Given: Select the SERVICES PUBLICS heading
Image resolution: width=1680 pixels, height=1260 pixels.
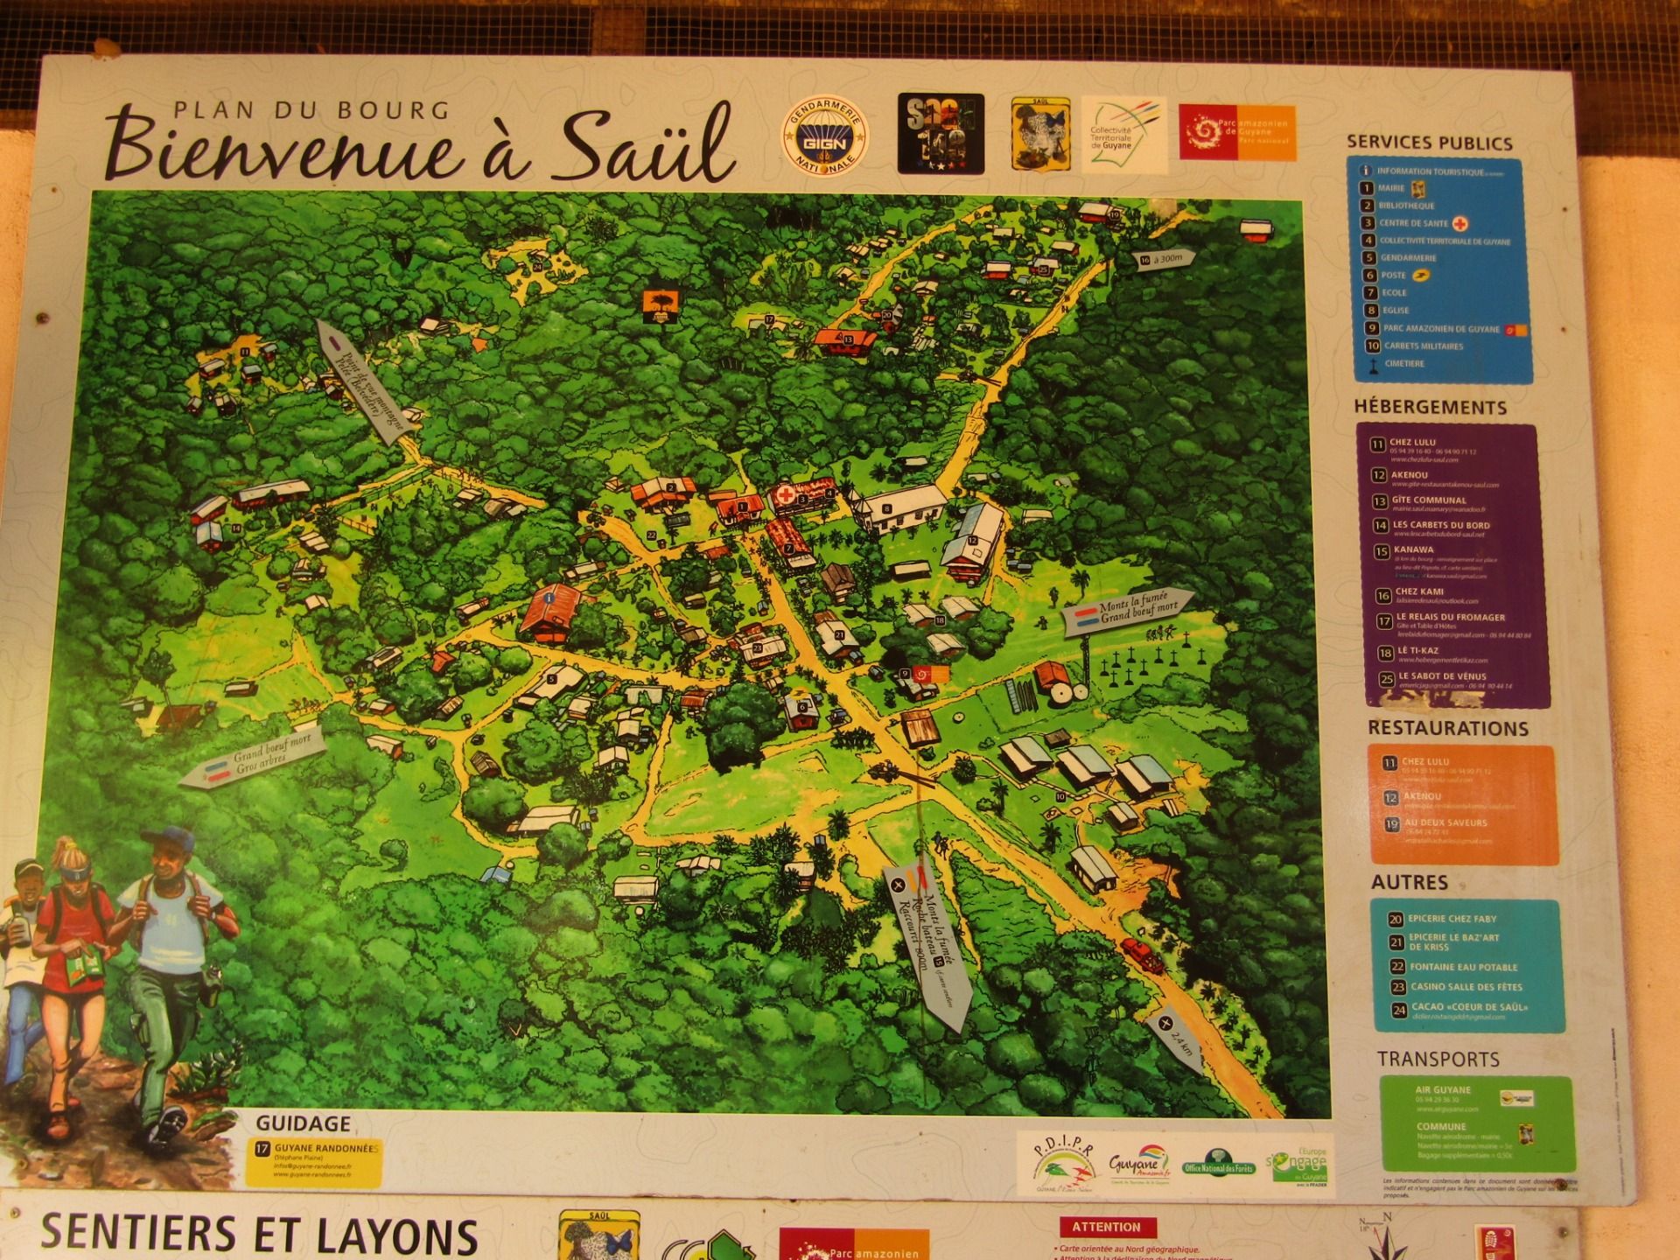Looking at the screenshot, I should pyautogui.click(x=1429, y=143).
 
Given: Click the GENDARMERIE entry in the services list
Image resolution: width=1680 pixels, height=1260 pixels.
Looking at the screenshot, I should pyautogui.click(x=1408, y=258).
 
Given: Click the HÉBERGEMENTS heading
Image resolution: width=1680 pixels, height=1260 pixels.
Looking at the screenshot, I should pyautogui.click(x=1430, y=407).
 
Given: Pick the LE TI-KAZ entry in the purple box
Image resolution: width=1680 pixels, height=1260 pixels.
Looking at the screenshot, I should pyautogui.click(x=1417, y=651).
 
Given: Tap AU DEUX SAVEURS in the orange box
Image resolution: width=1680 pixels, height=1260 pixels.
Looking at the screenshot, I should pyautogui.click(x=1445, y=822).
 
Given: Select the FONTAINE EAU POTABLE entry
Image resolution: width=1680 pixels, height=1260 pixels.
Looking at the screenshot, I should pyautogui.click(x=1463, y=967).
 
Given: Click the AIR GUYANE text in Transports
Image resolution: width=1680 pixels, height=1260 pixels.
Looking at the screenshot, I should pyautogui.click(x=1443, y=1090).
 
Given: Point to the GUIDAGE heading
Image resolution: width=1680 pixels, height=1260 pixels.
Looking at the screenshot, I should pyautogui.click(x=303, y=1123).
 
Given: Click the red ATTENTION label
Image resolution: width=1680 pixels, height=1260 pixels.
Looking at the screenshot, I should pyautogui.click(x=1106, y=1227).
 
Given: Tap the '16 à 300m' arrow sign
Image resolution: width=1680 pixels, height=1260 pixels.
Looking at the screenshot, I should pyautogui.click(x=1164, y=259).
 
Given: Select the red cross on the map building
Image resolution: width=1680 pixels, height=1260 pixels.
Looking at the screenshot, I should pyautogui.click(x=785, y=495).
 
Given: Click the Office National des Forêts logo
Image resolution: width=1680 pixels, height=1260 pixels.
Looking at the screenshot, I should pyautogui.click(x=1217, y=1165).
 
